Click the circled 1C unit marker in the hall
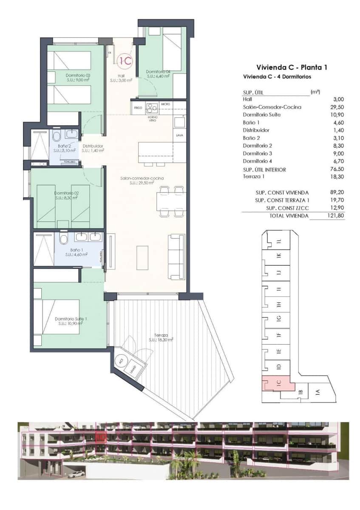point(125,61)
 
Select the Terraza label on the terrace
point(161,337)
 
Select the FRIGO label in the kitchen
point(138,108)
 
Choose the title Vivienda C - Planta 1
point(292,67)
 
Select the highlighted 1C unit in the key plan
point(278,383)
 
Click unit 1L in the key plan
point(279,241)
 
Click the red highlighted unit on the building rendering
point(100,436)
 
